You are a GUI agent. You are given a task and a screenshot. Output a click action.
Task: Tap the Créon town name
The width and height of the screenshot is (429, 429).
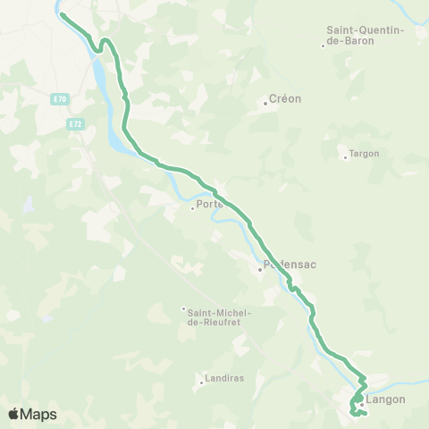[286, 98]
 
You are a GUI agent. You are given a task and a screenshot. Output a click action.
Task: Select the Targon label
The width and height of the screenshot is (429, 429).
[364, 153]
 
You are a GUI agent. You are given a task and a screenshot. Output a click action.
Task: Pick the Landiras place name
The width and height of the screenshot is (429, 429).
[224, 378]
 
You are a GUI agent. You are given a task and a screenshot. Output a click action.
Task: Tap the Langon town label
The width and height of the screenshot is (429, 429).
[386, 400]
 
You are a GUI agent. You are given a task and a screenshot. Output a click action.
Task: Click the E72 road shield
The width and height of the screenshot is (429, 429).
[76, 124]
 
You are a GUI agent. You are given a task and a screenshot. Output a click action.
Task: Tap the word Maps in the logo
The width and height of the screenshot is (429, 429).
[40, 414]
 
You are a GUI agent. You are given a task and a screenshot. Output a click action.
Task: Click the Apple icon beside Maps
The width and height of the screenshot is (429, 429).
[14, 413]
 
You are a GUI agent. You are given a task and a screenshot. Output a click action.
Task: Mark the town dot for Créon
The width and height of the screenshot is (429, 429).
[265, 104]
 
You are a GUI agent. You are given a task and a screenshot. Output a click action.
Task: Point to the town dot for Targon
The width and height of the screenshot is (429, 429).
[345, 158]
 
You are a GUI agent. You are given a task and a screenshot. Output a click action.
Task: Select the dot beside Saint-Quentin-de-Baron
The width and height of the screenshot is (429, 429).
[324, 46]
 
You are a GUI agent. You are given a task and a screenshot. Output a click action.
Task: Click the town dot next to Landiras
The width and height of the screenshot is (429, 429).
[201, 383]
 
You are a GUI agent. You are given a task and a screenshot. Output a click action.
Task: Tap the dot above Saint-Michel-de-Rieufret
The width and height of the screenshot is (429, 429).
[183, 309]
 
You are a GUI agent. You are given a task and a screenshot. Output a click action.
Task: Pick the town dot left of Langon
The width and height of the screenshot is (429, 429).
[362, 404]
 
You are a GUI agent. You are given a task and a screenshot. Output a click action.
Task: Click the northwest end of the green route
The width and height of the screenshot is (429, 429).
[62, 14]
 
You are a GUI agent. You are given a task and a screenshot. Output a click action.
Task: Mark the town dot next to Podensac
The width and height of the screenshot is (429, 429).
[259, 268]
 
